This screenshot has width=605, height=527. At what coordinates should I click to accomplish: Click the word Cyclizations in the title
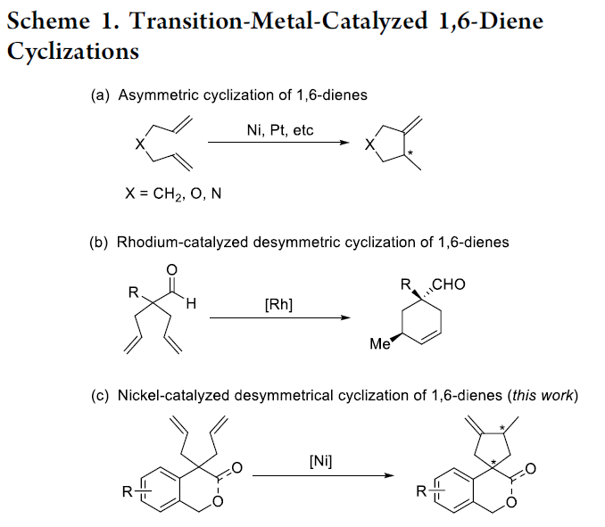point(73,51)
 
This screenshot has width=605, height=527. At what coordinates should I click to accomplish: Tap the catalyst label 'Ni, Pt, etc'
point(280,130)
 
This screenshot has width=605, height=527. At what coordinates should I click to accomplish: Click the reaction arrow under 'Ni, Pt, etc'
point(278,144)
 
